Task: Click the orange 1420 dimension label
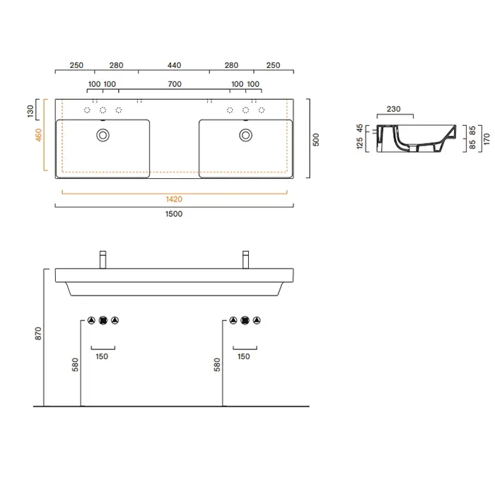[174, 199]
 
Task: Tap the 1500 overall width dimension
[174, 214]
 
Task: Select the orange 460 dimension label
[38, 135]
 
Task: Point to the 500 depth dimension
[316, 139]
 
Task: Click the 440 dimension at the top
[174, 65]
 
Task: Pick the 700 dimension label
[175, 84]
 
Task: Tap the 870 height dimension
[38, 333]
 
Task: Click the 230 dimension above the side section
[394, 109]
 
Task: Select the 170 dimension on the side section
[487, 139]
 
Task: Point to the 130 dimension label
[30, 111]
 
